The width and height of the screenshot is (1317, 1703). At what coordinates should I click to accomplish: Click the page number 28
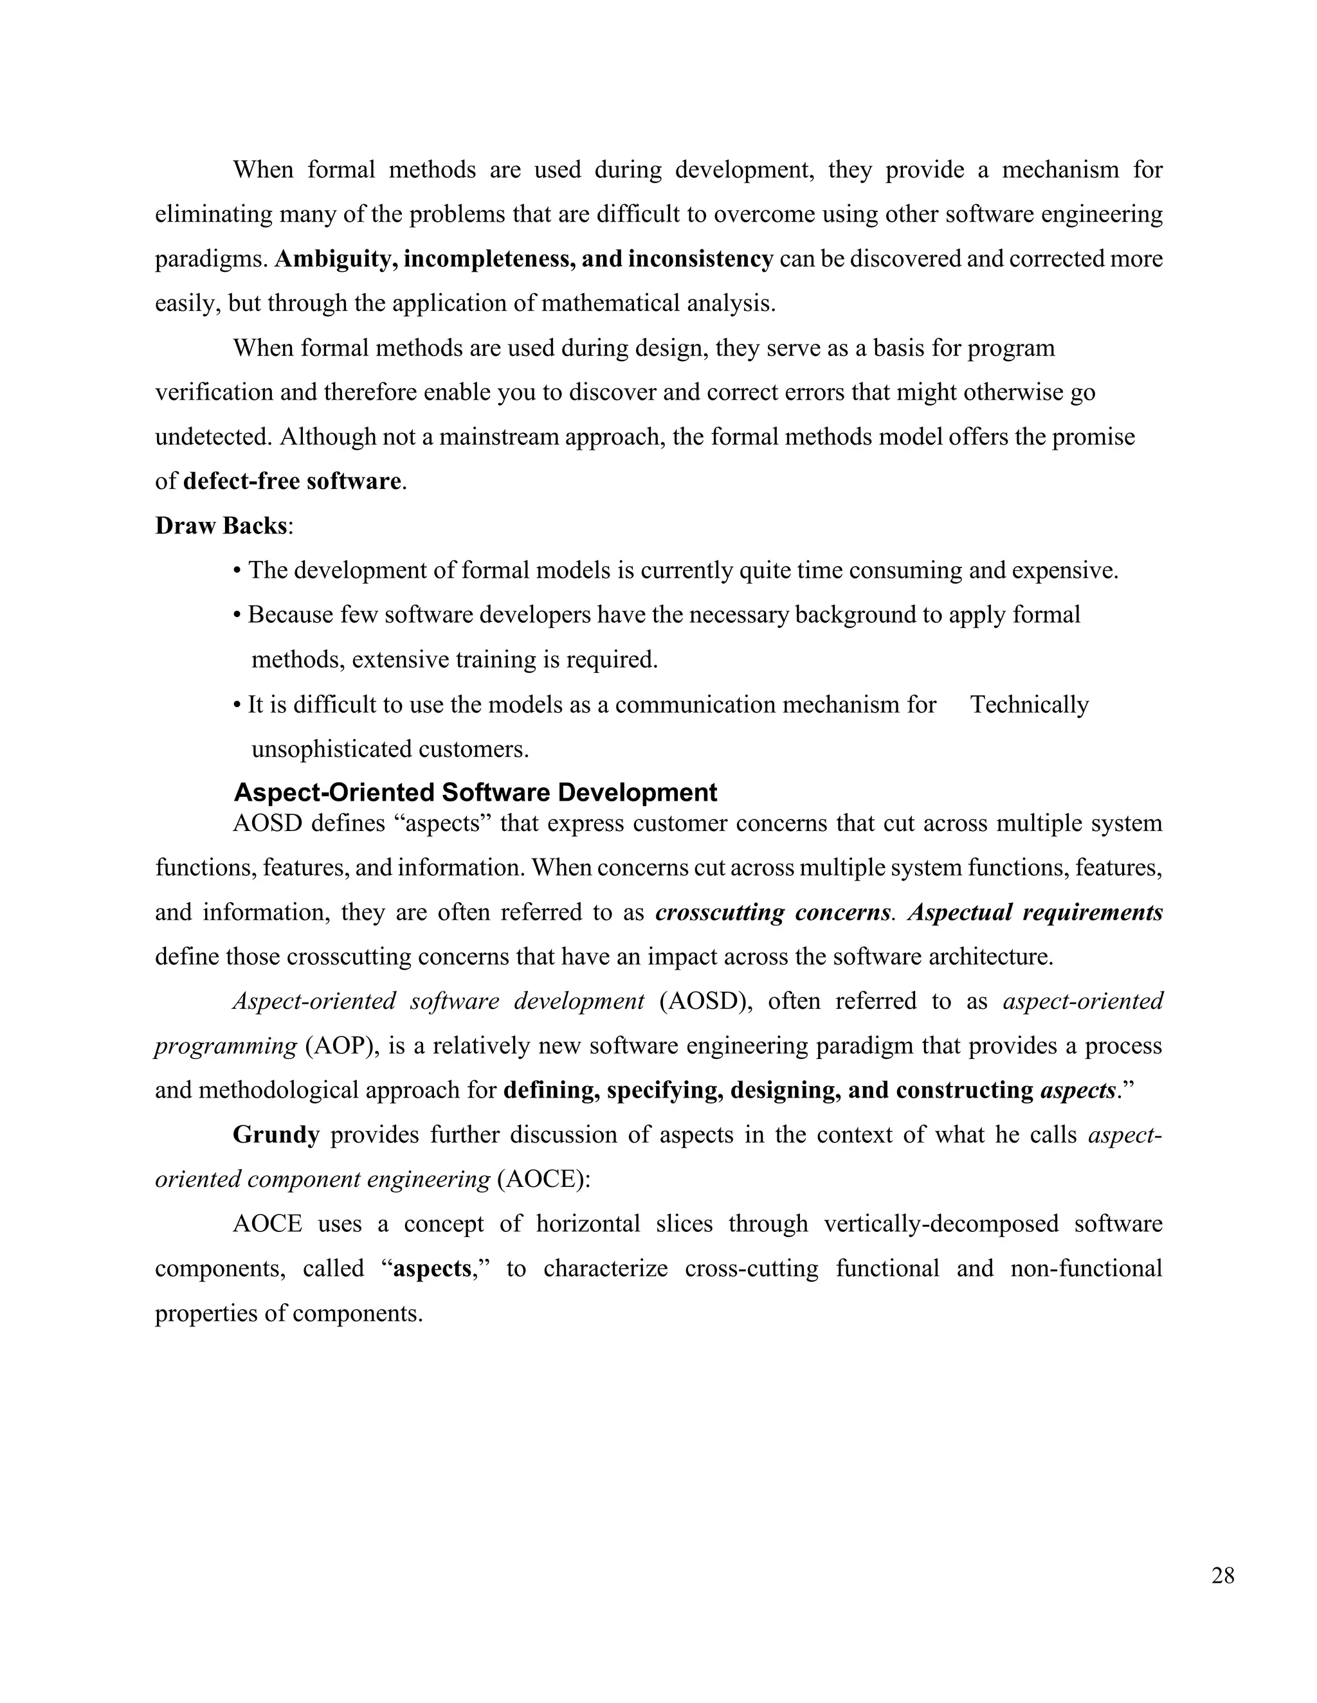tap(1222, 1576)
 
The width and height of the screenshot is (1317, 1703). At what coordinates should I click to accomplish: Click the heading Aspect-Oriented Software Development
tap(475, 792)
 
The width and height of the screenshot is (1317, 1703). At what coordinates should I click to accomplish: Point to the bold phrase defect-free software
tap(292, 481)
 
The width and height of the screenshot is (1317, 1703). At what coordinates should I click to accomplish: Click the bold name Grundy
tap(276, 1134)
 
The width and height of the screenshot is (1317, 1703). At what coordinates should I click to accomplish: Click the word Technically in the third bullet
tap(1029, 705)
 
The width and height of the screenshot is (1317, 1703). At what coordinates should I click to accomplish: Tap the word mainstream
tap(498, 436)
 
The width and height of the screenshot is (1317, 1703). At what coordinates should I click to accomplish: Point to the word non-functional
tap(1086, 1269)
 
